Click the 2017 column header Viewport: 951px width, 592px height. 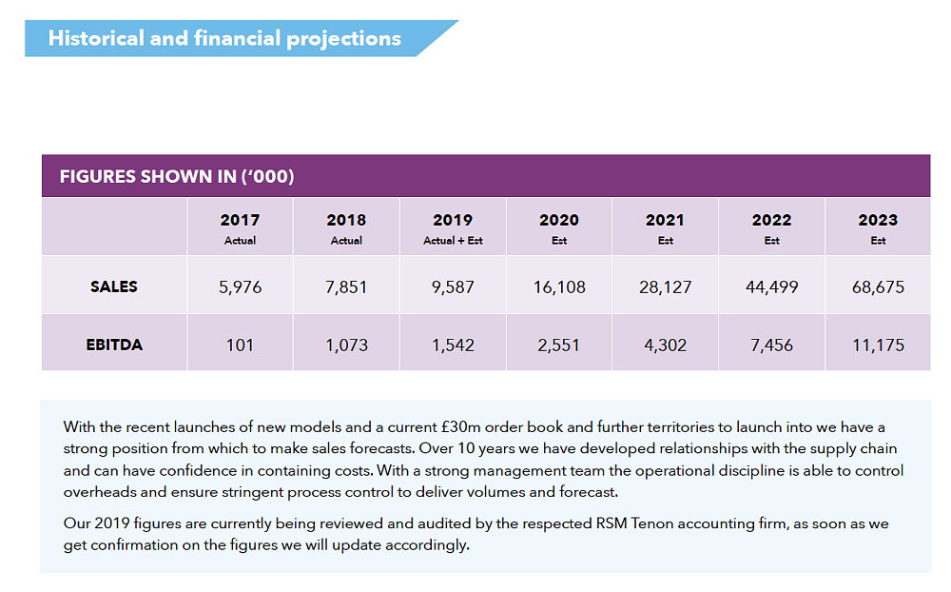240,220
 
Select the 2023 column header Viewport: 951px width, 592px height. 877,220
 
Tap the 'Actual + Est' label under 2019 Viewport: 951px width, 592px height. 453,241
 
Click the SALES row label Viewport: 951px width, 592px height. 114,286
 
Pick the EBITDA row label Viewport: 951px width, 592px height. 114,345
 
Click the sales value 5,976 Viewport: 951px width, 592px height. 240,286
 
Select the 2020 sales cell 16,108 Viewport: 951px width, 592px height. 558,286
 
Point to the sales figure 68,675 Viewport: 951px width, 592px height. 877,286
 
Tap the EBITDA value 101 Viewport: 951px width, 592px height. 240,345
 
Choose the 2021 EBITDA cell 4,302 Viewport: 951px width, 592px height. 665,345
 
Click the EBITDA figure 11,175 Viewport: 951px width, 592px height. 877,345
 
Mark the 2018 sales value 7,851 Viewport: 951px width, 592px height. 346,286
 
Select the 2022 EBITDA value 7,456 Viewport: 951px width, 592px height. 771,345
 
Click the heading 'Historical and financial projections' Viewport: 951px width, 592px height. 224,39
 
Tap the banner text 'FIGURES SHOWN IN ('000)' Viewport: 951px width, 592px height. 177,177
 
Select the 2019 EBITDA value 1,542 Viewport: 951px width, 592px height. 453,345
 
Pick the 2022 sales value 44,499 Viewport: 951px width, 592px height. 771,286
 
